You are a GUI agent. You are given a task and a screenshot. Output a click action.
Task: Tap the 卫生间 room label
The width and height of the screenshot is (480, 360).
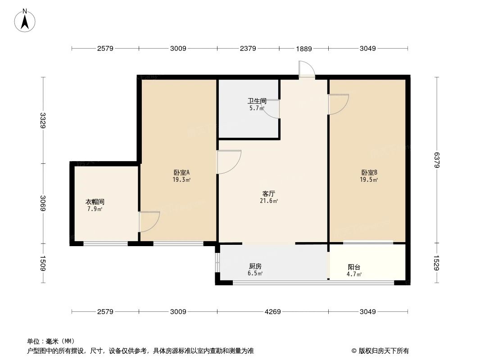tap(257, 101)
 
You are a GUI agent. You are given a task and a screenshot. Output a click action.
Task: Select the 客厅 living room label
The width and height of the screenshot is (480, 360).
tap(269, 193)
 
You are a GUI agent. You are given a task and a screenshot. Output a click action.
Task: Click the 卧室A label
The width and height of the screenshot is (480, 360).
tap(181, 172)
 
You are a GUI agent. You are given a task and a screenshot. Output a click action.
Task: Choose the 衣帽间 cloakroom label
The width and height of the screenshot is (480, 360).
tap(95, 202)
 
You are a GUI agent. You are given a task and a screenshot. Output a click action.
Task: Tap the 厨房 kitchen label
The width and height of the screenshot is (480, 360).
tap(255, 266)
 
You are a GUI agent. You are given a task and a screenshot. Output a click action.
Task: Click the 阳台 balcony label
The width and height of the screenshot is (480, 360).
tap(354, 267)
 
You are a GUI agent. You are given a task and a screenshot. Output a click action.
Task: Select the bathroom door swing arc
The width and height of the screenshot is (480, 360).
tap(272, 109)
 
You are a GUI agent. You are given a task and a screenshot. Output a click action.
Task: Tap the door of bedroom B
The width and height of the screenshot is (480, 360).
tap(338, 104)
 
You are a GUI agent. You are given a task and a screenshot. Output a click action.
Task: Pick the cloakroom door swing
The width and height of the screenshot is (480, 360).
tap(149, 221)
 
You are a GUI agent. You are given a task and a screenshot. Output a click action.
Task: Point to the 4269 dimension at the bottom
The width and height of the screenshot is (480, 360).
tap(272, 311)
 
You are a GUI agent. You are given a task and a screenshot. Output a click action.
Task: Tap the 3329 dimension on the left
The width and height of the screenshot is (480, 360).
tap(43, 120)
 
